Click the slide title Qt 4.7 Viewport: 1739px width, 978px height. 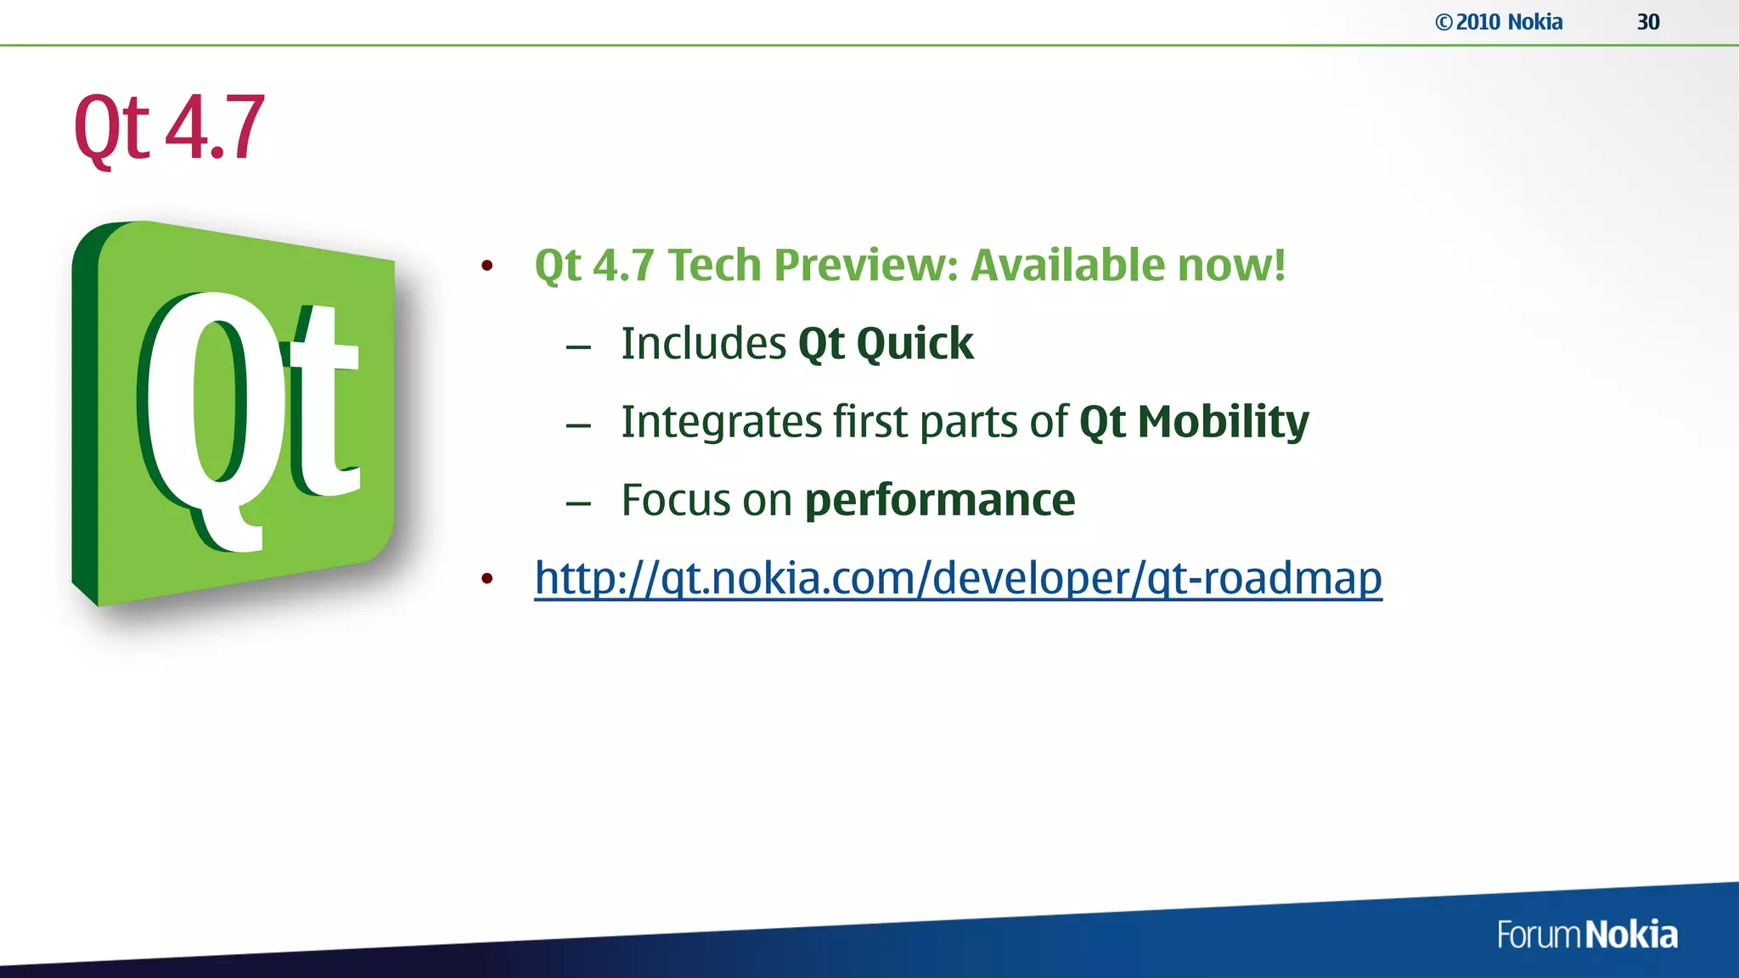[169, 128]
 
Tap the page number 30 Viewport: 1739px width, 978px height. [1648, 22]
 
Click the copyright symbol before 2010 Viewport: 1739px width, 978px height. [1444, 23]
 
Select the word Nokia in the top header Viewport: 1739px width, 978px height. [1535, 22]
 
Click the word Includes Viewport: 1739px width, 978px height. [704, 344]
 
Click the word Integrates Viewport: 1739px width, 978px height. [721, 422]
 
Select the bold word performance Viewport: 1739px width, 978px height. [939, 500]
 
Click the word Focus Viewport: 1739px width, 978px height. [676, 500]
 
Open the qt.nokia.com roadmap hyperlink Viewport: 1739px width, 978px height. [958, 579]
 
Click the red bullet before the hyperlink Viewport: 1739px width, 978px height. [487, 579]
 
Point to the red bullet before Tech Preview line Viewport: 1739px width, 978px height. [487, 266]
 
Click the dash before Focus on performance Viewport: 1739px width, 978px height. [578, 503]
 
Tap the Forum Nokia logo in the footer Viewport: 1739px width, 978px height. [1586, 935]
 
